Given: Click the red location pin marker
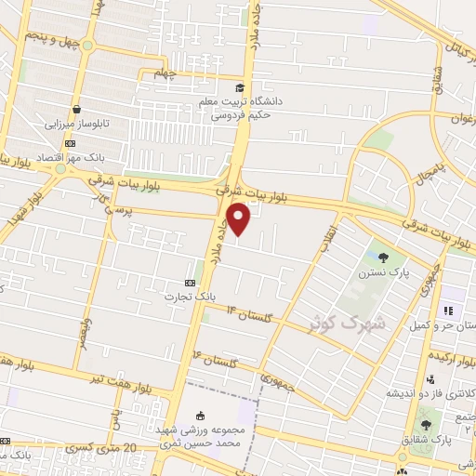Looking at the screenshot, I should click(240, 219).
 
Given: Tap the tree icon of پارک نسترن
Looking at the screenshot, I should click(384, 258).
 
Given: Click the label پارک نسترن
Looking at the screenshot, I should click(381, 275).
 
